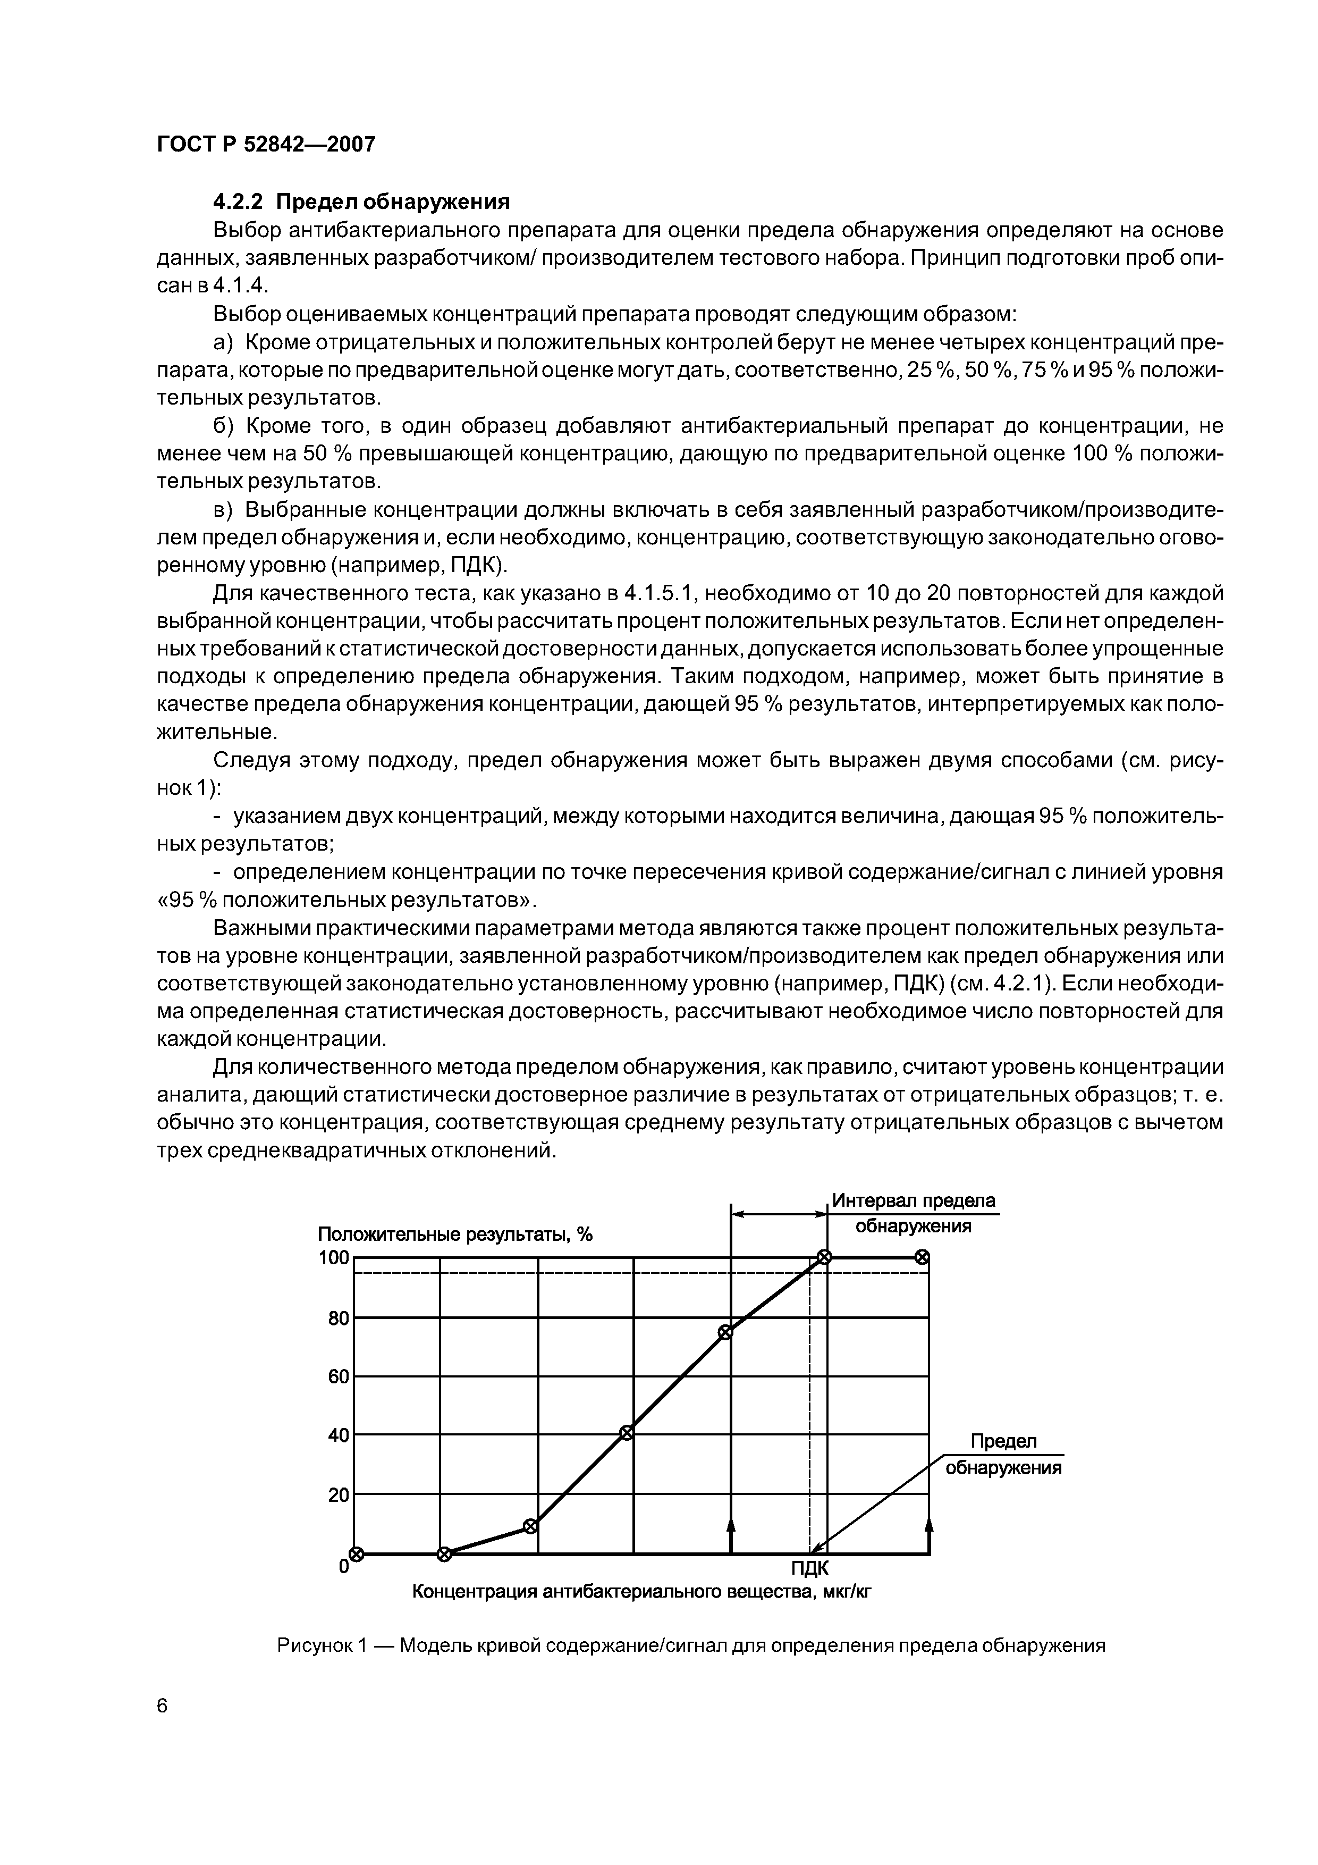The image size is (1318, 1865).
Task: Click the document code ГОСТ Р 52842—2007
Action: (266, 145)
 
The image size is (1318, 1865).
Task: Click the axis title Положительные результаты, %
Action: (455, 1234)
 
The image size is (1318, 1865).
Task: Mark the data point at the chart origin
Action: (355, 1554)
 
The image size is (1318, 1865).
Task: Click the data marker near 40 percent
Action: (626, 1433)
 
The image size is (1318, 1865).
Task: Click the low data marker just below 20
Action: (530, 1526)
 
